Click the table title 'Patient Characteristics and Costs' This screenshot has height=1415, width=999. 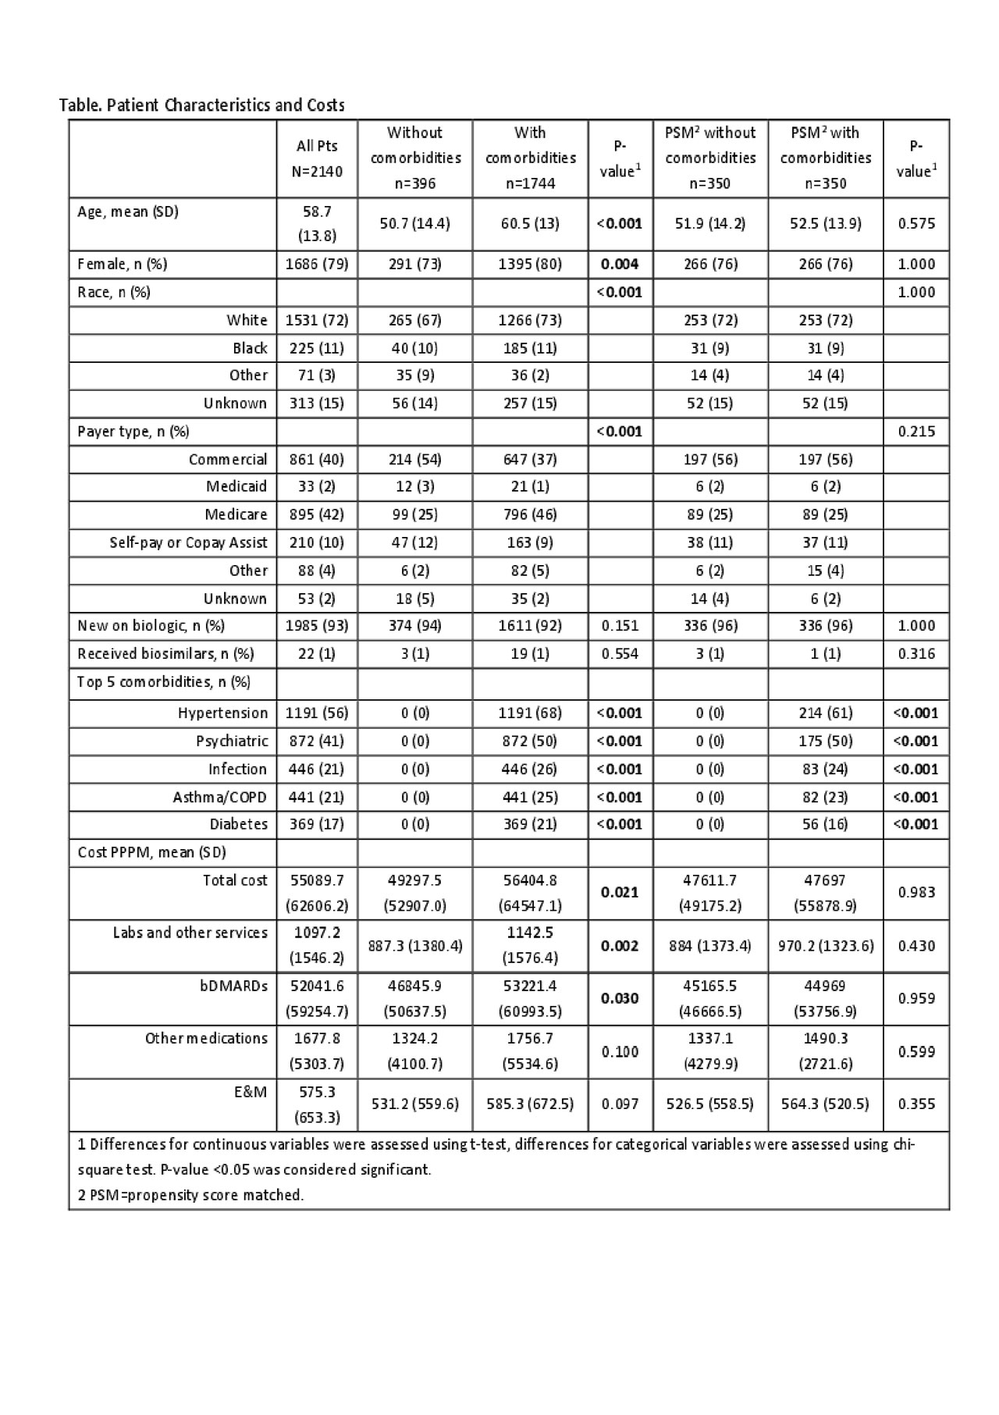[x=201, y=105]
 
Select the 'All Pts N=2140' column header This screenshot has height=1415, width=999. [x=317, y=158]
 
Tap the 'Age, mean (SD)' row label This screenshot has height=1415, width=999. [x=128, y=212]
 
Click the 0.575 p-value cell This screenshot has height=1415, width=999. [x=916, y=223]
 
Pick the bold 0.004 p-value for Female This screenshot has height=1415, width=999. [x=620, y=264]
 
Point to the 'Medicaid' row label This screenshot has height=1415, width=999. [x=236, y=486]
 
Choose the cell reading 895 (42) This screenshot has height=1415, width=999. [x=317, y=514]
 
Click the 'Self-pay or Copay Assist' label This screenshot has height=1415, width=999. [x=188, y=542]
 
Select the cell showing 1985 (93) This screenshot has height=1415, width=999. [x=317, y=626]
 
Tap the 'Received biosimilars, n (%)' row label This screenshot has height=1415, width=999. [x=165, y=654]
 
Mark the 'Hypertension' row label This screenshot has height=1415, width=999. [x=222, y=713]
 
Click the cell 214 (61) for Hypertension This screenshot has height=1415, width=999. [x=826, y=713]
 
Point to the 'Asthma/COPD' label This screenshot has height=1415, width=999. [x=219, y=797]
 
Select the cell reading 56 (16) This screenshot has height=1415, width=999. [x=826, y=824]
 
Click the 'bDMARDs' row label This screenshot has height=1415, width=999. [x=233, y=986]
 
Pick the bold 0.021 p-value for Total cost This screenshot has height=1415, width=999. [x=620, y=892]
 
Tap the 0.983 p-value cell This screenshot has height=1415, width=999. [x=916, y=892]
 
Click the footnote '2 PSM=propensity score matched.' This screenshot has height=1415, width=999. [x=190, y=1194]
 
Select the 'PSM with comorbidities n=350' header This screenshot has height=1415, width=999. [x=826, y=158]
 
